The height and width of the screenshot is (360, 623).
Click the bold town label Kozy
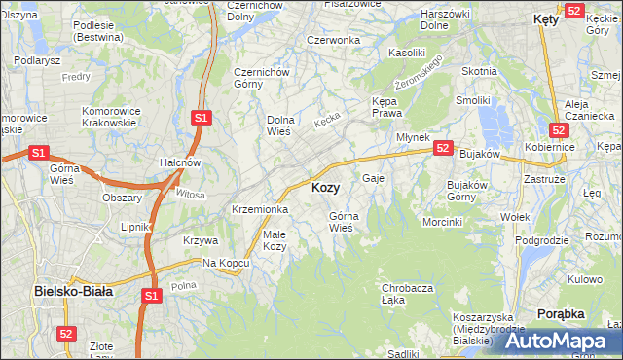pyautogui.click(x=325, y=188)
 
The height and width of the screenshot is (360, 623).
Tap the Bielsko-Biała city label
pyautogui.click(x=74, y=290)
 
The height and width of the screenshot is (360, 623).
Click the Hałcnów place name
pyautogui.click(x=179, y=162)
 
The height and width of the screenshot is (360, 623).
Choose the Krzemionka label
pyautogui.click(x=259, y=209)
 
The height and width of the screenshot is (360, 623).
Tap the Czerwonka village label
pyautogui.click(x=333, y=40)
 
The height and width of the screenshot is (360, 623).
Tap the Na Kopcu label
pyautogui.click(x=223, y=263)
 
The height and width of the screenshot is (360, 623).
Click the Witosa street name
pyautogui.click(x=192, y=195)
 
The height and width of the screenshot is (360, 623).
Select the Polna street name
pyautogui.click(x=183, y=285)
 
